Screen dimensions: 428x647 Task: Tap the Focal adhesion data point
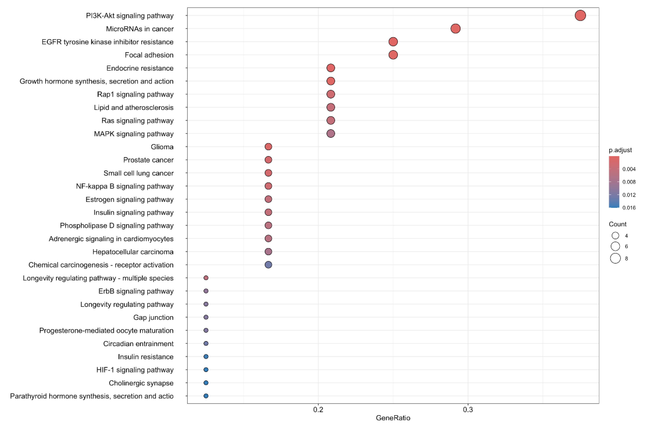point(393,55)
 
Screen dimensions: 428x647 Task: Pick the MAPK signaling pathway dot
point(331,133)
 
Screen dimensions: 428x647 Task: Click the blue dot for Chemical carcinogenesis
point(268,264)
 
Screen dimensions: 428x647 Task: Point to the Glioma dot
point(268,147)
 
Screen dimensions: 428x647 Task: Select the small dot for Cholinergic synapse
point(206,383)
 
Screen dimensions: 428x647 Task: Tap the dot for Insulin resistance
point(206,356)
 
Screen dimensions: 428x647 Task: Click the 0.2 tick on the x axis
point(318,410)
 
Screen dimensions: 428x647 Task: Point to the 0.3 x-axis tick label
point(468,410)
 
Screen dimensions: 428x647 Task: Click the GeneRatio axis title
point(393,418)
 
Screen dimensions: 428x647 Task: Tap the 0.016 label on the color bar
point(629,208)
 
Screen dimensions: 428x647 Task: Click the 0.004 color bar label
point(629,169)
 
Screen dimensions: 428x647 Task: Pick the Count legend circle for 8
point(615,258)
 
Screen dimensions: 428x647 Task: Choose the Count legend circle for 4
point(615,235)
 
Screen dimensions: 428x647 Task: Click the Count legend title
point(617,224)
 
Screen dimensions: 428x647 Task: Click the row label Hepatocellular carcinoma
point(133,252)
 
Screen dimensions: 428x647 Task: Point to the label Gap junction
point(153,317)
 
